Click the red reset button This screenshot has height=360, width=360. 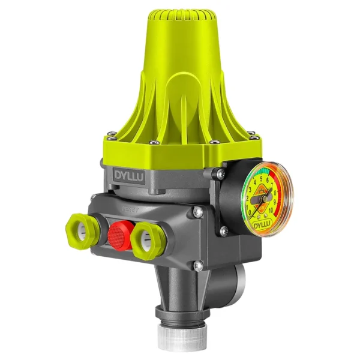pyautogui.click(x=119, y=232)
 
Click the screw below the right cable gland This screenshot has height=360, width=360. pyautogui.click(x=193, y=263)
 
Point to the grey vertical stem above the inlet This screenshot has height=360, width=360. pyautogui.click(x=180, y=288)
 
